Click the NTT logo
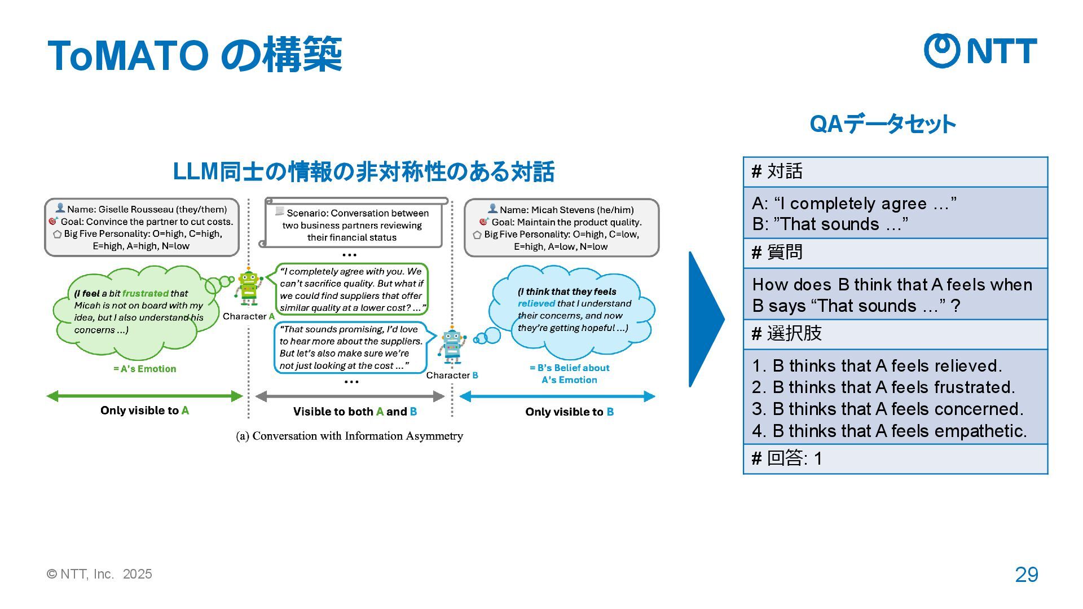click(980, 51)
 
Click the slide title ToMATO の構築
click(195, 55)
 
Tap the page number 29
click(1026, 575)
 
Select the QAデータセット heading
click(882, 124)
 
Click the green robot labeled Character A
click(248, 286)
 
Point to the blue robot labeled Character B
click(452, 345)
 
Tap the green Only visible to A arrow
click(144, 396)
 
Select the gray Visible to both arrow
click(350, 396)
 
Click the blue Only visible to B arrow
click(557, 396)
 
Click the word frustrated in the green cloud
click(145, 293)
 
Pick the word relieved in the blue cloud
click(536, 303)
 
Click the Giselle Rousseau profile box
click(142, 227)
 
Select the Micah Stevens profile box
click(561, 228)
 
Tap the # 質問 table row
click(895, 253)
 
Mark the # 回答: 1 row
click(895, 458)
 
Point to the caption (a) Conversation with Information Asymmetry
click(349, 436)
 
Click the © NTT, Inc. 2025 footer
click(99, 574)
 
